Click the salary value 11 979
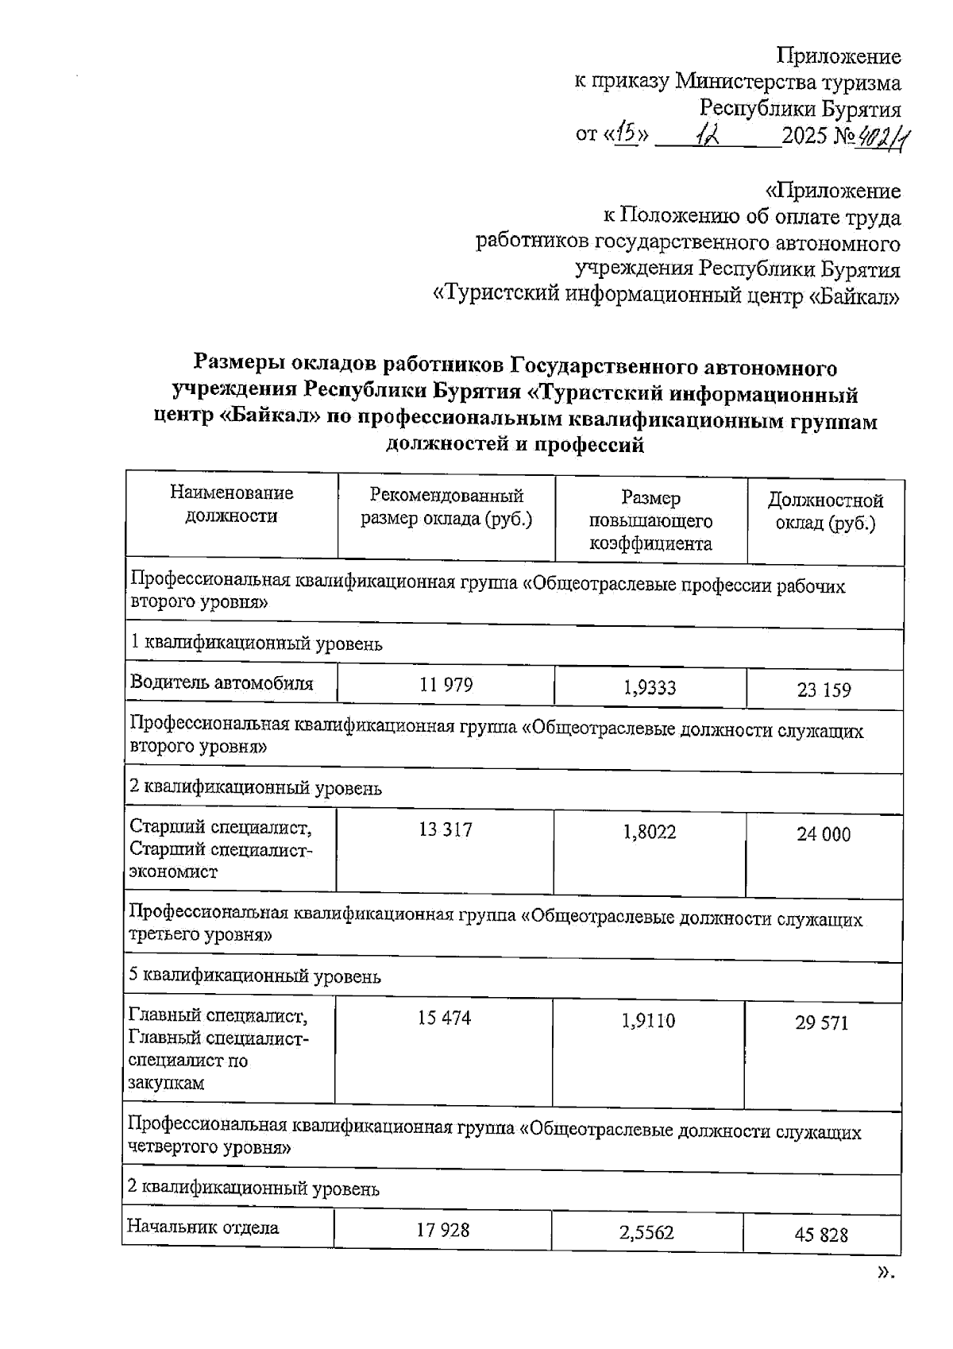[446, 685]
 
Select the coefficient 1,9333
[650, 687]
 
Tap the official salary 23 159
[824, 690]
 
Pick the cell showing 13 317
[445, 830]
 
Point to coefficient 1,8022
[650, 832]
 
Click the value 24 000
[824, 834]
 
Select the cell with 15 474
[444, 1018]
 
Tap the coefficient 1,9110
[648, 1020]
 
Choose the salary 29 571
[822, 1022]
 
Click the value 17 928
[443, 1230]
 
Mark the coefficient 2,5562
[646, 1232]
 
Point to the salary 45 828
[821, 1235]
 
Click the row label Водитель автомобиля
[222, 682]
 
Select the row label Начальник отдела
[203, 1227]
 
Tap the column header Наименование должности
[231, 504]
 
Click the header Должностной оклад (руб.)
[825, 512]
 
